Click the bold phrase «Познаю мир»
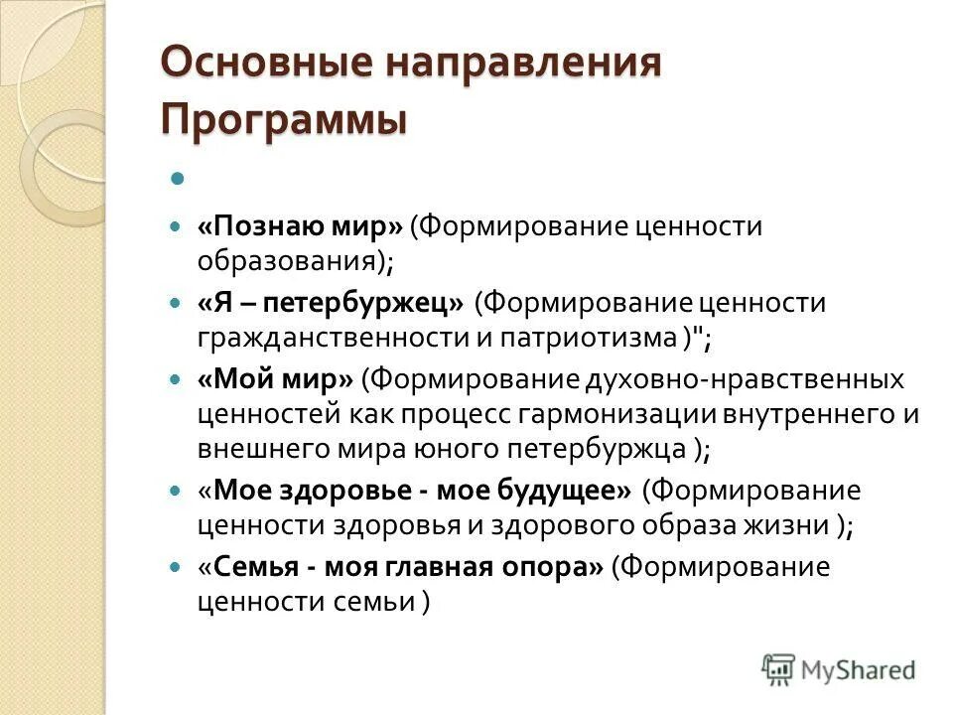(x=300, y=227)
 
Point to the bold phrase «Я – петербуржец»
(x=332, y=303)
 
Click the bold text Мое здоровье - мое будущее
(x=421, y=491)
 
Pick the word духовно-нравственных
(x=741, y=378)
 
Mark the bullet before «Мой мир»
(x=176, y=380)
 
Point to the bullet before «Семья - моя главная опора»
(x=176, y=568)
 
